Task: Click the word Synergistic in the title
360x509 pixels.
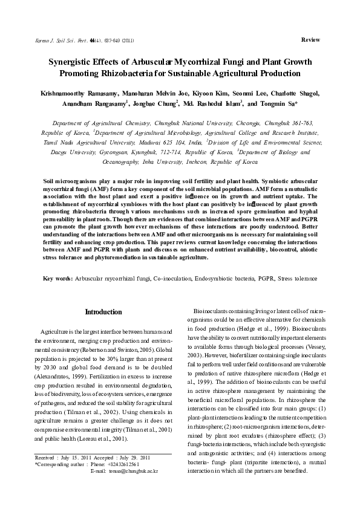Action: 73,62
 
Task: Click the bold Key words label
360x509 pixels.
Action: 58,278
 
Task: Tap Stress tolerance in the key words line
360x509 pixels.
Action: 296,278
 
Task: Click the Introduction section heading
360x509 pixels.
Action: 103,312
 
